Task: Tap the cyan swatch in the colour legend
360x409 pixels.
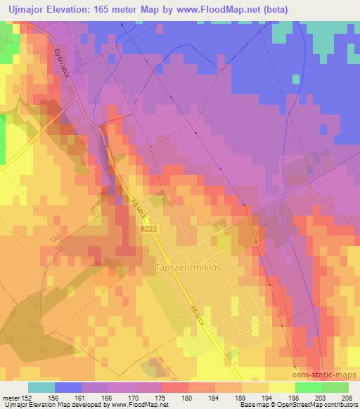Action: click(x=41, y=387)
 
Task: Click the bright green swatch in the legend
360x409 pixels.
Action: click(x=308, y=387)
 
